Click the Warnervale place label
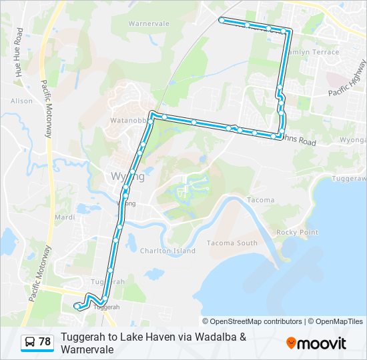click(x=149, y=23)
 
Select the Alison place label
click(x=21, y=101)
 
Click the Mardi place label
click(x=64, y=217)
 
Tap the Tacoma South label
click(x=232, y=243)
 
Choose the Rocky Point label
click(x=297, y=232)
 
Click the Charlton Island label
click(x=167, y=251)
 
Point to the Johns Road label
click(x=298, y=141)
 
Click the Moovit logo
click(x=316, y=343)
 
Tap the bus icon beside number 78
click(x=30, y=342)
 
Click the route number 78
click(x=45, y=342)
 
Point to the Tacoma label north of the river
click(x=260, y=200)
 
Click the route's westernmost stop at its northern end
click(x=222, y=20)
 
